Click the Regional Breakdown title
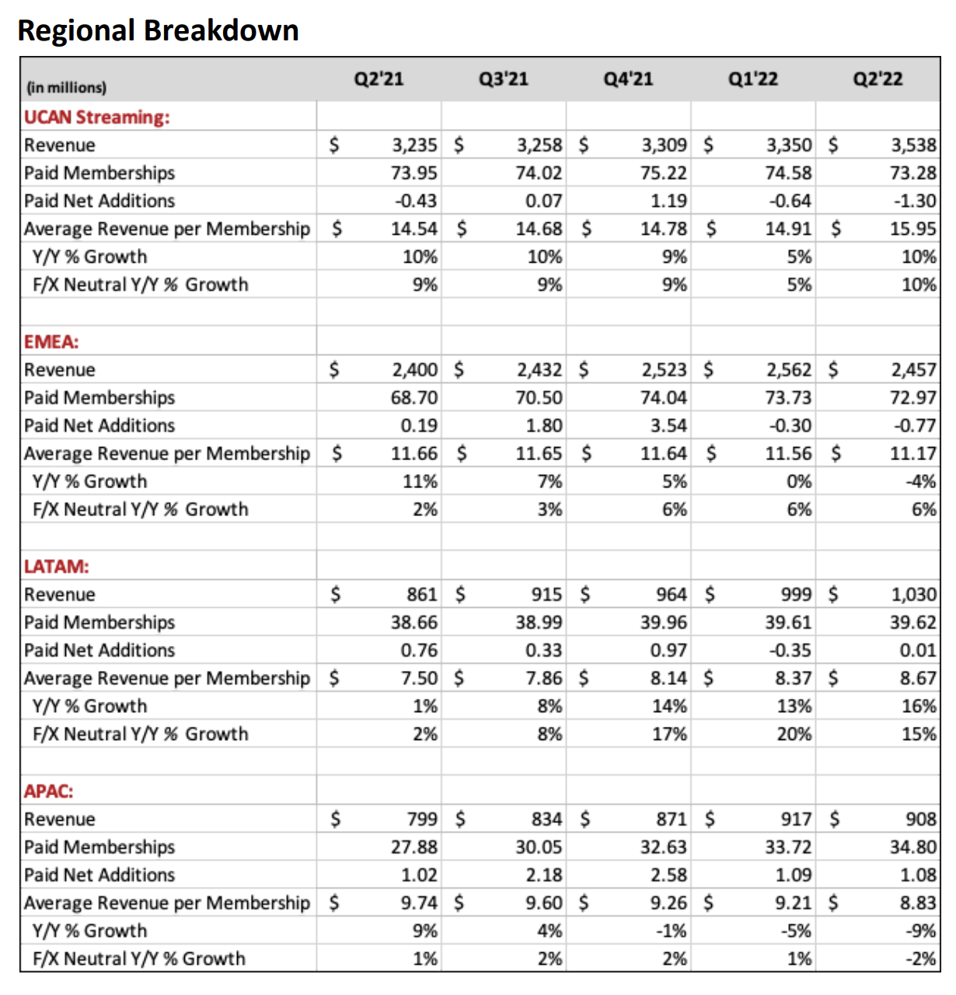[158, 30]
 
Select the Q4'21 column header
[628, 79]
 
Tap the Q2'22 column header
[877, 79]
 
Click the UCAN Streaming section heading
[96, 117]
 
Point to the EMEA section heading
[51, 342]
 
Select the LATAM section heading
[56, 567]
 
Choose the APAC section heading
[48, 791]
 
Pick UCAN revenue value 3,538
[913, 145]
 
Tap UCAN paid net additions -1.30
[915, 201]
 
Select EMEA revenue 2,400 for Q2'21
[414, 370]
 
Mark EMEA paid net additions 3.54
[668, 426]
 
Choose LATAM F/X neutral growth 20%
[794, 735]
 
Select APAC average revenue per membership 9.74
[419, 903]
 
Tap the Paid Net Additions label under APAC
[99, 875]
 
